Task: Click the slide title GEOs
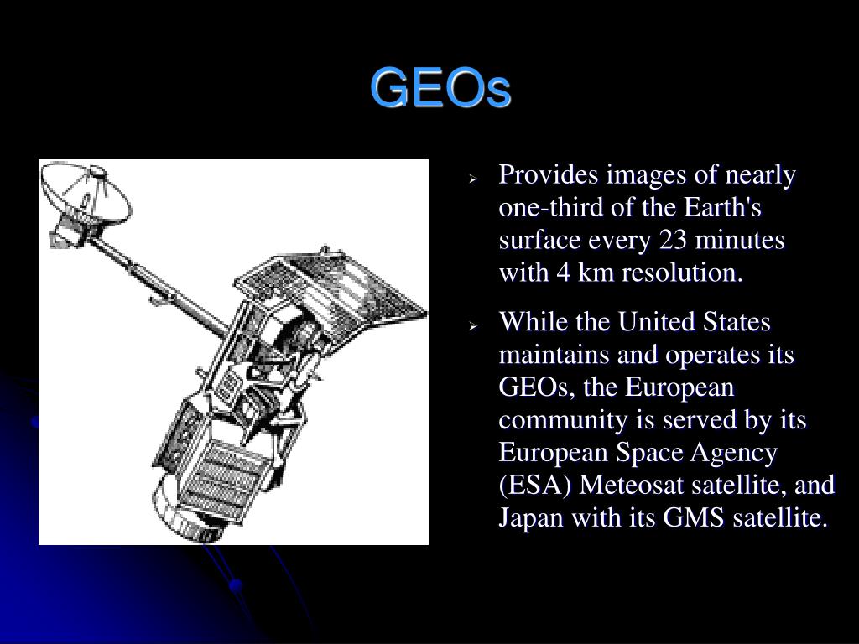[440, 87]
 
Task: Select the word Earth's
[722, 208]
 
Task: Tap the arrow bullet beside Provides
[473, 179]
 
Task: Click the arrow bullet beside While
[473, 326]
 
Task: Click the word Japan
[531, 518]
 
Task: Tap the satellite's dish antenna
[87, 196]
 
